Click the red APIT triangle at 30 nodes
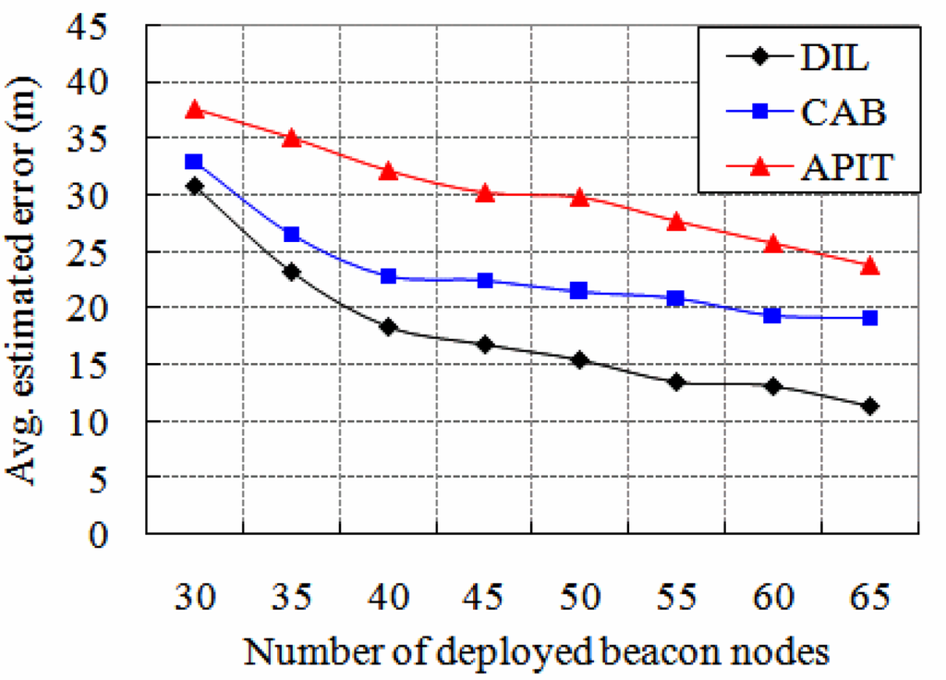[x=194, y=109]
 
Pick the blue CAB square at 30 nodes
[x=194, y=162]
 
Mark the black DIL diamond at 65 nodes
[x=869, y=406]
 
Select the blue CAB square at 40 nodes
[x=388, y=276]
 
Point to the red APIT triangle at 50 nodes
[x=580, y=197]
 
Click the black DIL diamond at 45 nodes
[x=484, y=344]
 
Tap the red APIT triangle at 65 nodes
[x=869, y=265]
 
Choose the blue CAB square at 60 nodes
[x=772, y=315]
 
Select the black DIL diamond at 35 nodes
[x=291, y=272]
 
